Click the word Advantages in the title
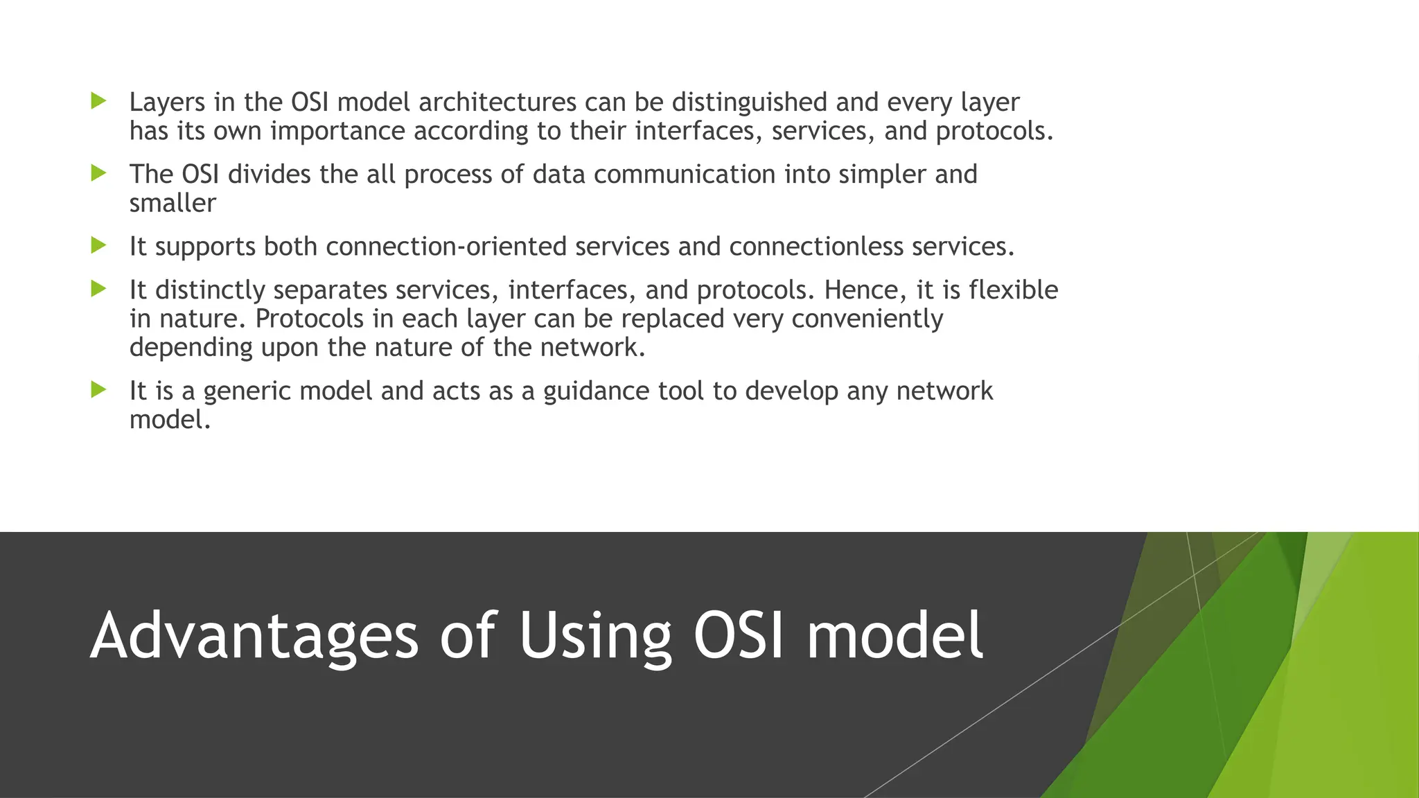pyautogui.click(x=254, y=636)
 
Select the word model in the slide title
pyautogui.click(x=894, y=636)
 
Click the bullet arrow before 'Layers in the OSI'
pyautogui.click(x=98, y=102)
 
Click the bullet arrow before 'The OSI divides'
pyautogui.click(x=98, y=173)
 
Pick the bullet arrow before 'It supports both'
pyautogui.click(x=98, y=245)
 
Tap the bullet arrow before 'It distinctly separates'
pyautogui.click(x=98, y=289)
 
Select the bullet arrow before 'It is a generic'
pyautogui.click(x=98, y=390)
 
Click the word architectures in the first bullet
pyautogui.click(x=497, y=103)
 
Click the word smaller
pyautogui.click(x=173, y=204)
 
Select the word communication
pyautogui.click(x=684, y=175)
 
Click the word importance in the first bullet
pyautogui.click(x=337, y=132)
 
